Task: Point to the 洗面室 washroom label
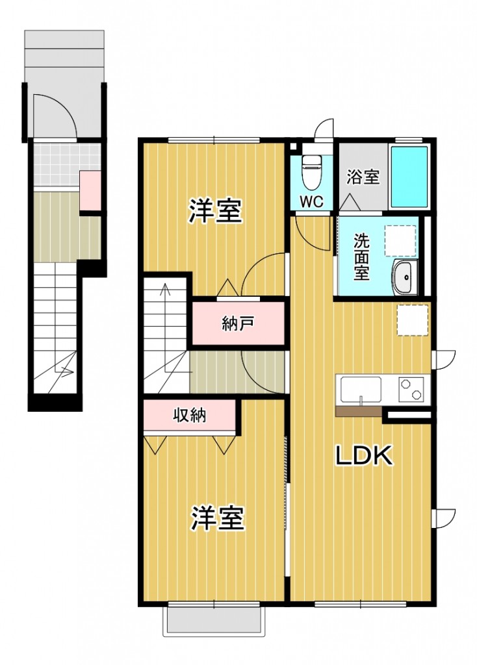pos(361,257)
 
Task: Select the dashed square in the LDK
pos(413,320)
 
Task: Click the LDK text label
pos(364,457)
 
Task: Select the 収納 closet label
pos(189,416)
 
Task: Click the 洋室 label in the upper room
pos(216,212)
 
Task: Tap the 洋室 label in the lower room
pos(217,519)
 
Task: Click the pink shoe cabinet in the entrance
pos(90,191)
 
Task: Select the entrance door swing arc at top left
pos(55,116)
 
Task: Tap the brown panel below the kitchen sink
pos(358,410)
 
